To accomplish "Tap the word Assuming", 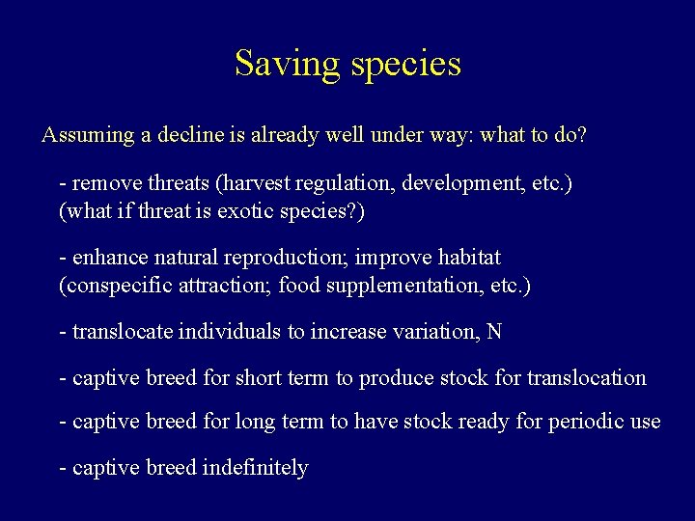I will click(x=87, y=135).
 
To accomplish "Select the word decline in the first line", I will click(x=191, y=135).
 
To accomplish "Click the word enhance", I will click(x=106, y=259).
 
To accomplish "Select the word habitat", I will click(x=467, y=259).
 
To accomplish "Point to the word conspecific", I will click(x=120, y=287).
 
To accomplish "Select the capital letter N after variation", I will click(x=494, y=332).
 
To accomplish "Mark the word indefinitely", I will click(x=255, y=468).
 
